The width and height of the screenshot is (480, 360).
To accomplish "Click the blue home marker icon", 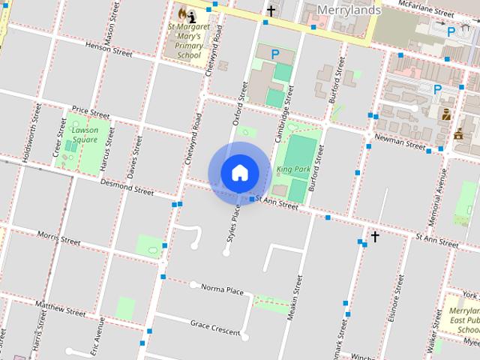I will tap(239, 172).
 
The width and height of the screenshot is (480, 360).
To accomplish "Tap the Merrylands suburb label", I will tap(349, 10).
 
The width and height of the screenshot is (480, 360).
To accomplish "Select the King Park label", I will tap(292, 169).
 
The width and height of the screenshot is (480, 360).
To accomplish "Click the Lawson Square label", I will tap(85, 134).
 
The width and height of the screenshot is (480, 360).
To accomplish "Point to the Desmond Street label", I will tap(127, 187).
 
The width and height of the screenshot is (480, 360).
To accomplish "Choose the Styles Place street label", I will tap(233, 224).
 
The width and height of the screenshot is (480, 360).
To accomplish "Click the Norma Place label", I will tap(222, 289).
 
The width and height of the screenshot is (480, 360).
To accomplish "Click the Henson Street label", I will tap(108, 48).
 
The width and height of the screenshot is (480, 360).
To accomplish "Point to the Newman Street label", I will tap(400, 141).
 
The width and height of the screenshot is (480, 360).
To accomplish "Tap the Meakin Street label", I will tap(297, 295).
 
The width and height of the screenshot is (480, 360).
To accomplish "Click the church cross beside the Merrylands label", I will tap(271, 11).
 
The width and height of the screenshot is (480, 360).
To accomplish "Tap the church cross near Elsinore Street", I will tap(374, 236).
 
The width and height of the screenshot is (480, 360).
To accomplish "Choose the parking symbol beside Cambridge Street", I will tap(275, 54).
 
